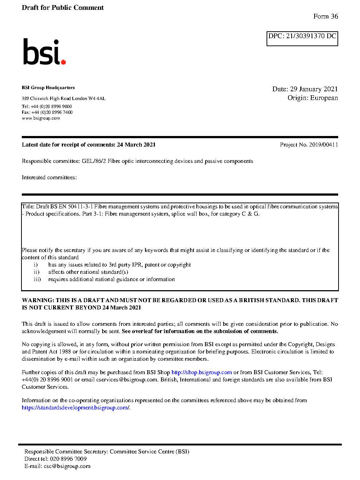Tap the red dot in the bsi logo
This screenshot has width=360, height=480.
(64, 62)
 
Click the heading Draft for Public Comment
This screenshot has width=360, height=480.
(63, 8)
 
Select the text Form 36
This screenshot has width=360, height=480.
(325, 16)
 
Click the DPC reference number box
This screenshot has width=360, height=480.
(302, 38)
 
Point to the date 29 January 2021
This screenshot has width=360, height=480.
(314, 89)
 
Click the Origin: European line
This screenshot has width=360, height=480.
(312, 98)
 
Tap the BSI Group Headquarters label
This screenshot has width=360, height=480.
(48, 88)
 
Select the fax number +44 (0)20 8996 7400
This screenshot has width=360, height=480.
(52, 112)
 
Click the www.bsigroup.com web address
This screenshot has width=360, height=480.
(41, 118)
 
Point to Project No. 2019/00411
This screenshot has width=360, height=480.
(309, 145)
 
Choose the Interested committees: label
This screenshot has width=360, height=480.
(49, 177)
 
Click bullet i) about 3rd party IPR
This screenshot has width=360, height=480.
(119, 265)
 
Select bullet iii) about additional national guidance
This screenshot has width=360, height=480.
(111, 279)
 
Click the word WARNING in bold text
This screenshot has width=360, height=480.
(38, 300)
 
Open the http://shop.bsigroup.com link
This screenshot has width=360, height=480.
(201, 372)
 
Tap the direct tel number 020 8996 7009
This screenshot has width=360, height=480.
(68, 459)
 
